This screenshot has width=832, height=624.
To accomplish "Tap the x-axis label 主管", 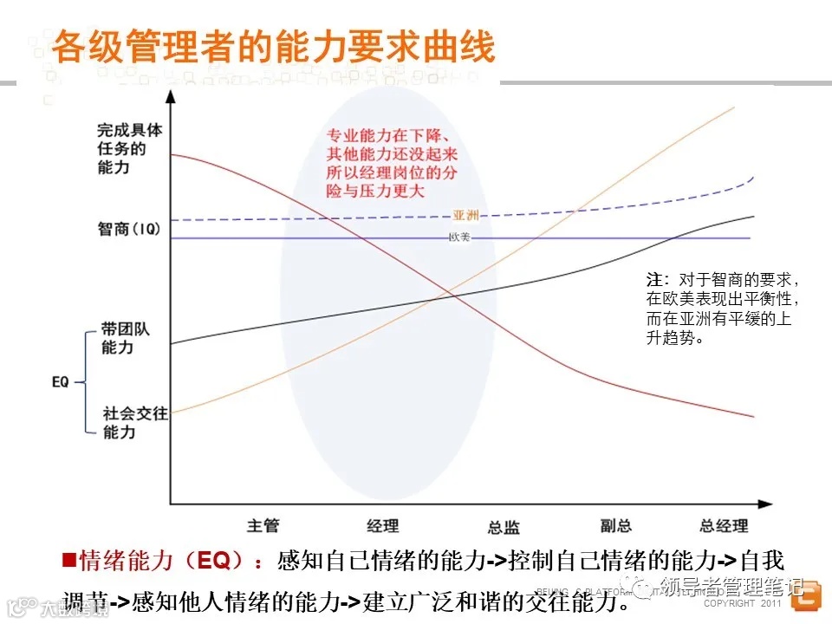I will pyautogui.click(x=263, y=525).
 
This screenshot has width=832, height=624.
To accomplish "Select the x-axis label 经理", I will pyautogui.click(x=382, y=525).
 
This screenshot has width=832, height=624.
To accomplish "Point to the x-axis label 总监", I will pyautogui.click(x=504, y=527).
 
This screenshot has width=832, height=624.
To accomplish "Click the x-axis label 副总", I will pyautogui.click(x=616, y=525).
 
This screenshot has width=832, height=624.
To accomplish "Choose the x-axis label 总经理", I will pyautogui.click(x=724, y=525).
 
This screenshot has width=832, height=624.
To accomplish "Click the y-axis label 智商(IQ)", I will pyautogui.click(x=129, y=230).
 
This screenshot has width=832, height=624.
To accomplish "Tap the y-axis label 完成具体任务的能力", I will pyautogui.click(x=129, y=148).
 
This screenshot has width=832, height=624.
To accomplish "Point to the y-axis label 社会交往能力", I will pyautogui.click(x=134, y=422).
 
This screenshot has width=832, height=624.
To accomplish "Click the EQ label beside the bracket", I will pyautogui.click(x=61, y=380).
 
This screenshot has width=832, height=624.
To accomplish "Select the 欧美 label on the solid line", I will pyautogui.click(x=459, y=237).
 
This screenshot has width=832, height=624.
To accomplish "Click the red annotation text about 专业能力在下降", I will pyautogui.click(x=392, y=164).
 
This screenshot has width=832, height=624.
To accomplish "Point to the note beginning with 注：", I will pyautogui.click(x=721, y=309).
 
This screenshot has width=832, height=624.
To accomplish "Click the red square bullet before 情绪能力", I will pyautogui.click(x=69, y=559).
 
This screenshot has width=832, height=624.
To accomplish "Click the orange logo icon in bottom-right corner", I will pyautogui.click(x=806, y=596).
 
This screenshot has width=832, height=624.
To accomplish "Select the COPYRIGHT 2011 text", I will pyautogui.click(x=742, y=602).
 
